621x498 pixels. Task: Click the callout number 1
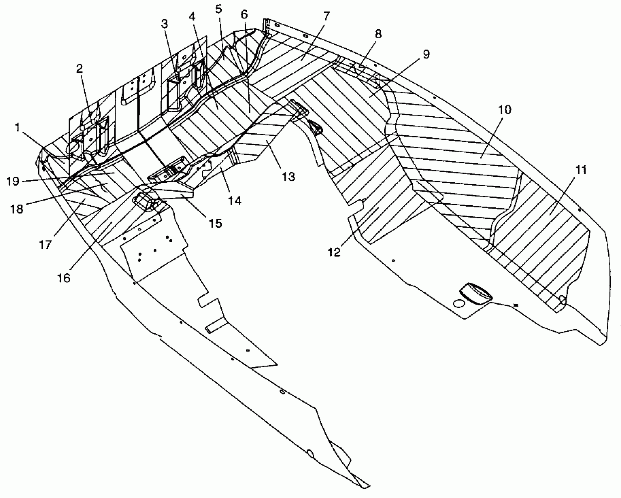[x=18, y=128]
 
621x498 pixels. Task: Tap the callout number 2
[x=79, y=69]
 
